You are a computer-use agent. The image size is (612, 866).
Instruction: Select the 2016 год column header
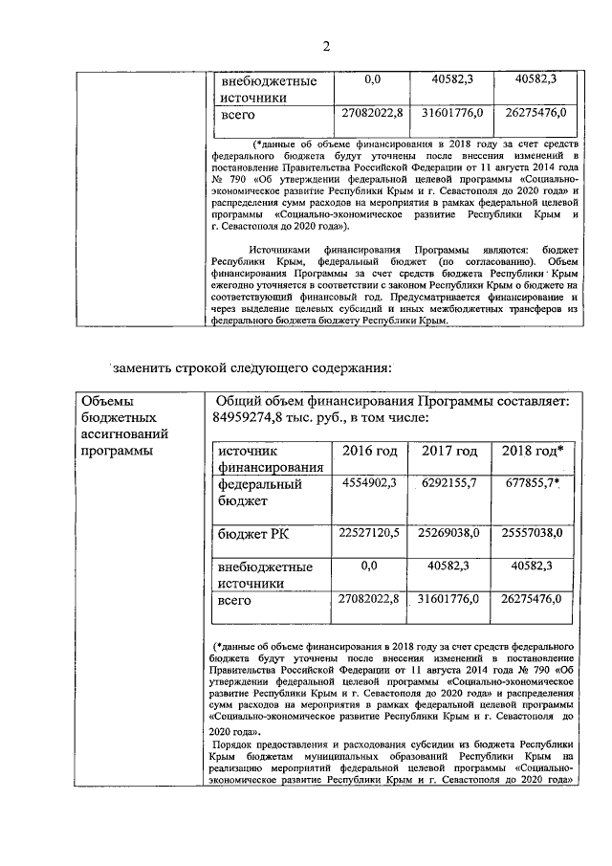point(368,451)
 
